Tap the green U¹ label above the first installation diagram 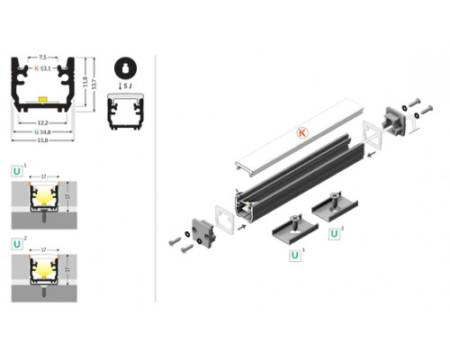17,170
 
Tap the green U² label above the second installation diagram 17,244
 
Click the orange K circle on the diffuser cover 302,131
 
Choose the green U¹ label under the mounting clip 293,255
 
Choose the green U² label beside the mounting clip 335,236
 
